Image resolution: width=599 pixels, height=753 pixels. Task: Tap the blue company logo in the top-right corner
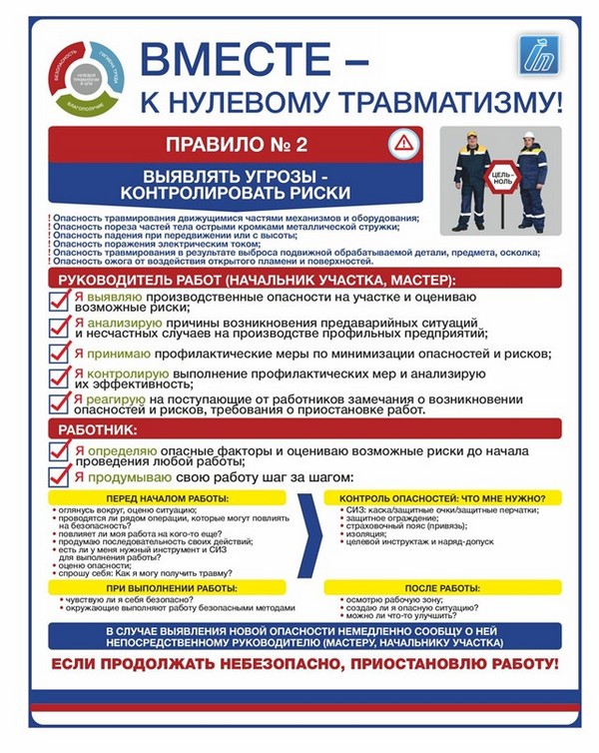pos(539,55)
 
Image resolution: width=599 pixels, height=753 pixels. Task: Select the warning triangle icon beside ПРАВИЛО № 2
pos(401,143)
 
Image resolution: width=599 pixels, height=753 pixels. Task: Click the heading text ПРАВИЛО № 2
pos(236,144)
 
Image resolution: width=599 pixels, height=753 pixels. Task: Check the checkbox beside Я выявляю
pos(59,301)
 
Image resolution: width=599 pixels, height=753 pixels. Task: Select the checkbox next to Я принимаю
pos(59,354)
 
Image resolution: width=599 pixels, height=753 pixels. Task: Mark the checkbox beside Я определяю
pos(59,454)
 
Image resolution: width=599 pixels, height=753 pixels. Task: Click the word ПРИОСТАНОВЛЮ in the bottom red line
pos(407,663)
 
